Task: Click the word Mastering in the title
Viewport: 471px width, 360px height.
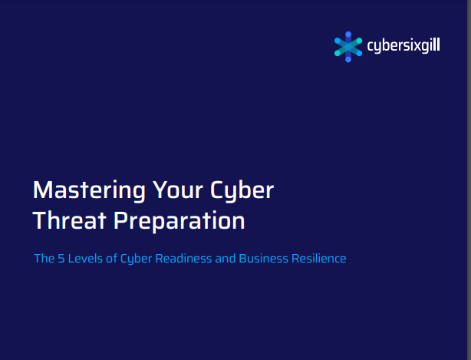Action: click(x=89, y=191)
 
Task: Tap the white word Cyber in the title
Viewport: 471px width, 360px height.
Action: click(x=242, y=191)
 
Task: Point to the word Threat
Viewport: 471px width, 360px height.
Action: click(x=69, y=220)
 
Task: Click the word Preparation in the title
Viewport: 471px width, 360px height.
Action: click(x=179, y=222)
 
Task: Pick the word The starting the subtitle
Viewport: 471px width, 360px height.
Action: click(x=44, y=259)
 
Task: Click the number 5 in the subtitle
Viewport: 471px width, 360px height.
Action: click(x=61, y=259)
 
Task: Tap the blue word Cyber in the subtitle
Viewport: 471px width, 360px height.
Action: click(x=136, y=259)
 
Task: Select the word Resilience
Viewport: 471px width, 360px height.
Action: click(x=319, y=259)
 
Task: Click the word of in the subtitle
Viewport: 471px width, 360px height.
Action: click(x=111, y=259)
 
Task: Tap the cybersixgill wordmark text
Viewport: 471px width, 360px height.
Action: click(x=403, y=46)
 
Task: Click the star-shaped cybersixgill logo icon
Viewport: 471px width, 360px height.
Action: click(x=348, y=47)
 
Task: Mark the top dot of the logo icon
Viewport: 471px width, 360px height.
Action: click(x=348, y=35)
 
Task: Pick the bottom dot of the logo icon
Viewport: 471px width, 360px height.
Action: click(x=348, y=60)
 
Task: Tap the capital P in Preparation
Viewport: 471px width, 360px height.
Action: click(x=120, y=220)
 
